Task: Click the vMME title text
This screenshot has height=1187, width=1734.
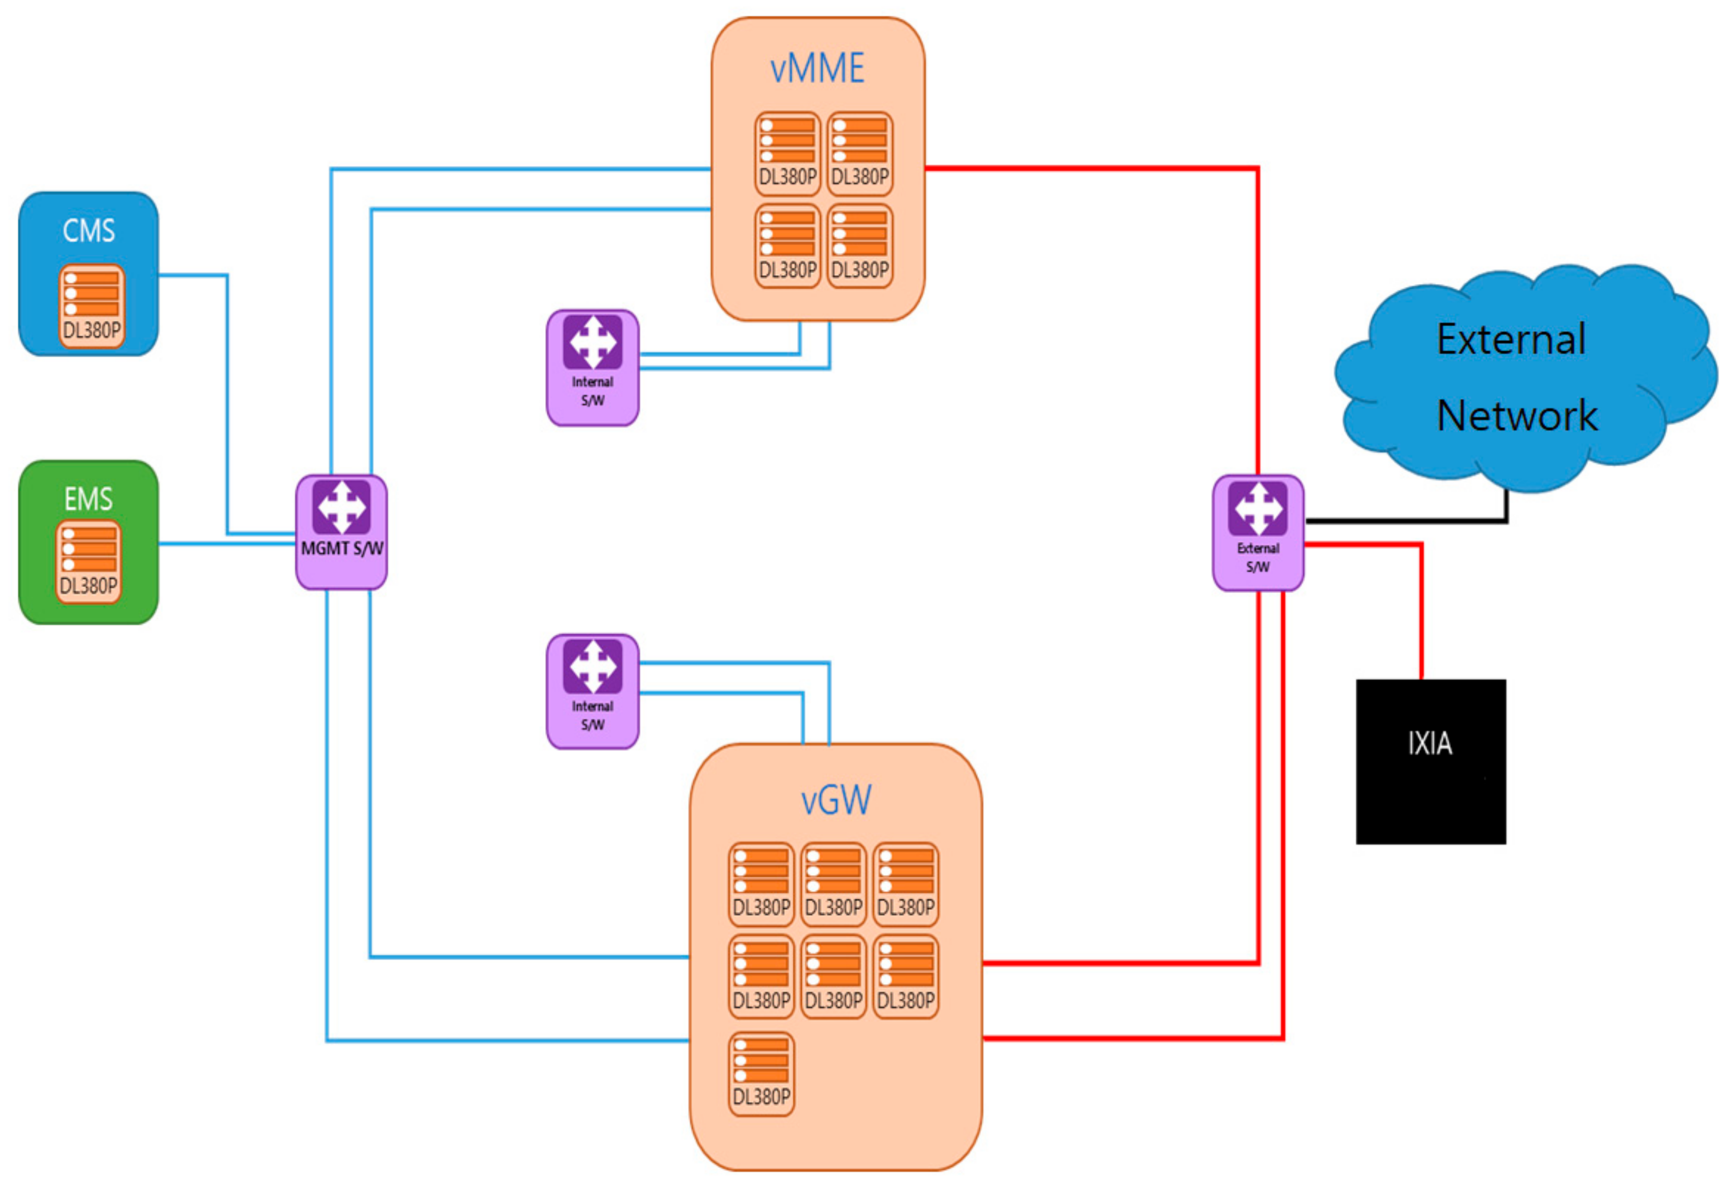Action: click(x=817, y=68)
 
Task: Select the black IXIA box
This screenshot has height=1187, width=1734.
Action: click(x=1430, y=761)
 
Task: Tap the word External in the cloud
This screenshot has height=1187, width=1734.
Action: click(x=1511, y=340)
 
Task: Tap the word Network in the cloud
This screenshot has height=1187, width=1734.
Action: click(x=1516, y=415)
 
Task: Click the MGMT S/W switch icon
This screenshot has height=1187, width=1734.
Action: click(x=341, y=508)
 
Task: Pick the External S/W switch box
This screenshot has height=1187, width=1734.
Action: click(x=1258, y=532)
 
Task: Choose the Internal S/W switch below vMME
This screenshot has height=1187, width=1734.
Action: click(x=592, y=368)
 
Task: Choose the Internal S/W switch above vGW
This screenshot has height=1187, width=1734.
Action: click(x=592, y=691)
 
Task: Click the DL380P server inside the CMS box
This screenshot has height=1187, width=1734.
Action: click(x=91, y=306)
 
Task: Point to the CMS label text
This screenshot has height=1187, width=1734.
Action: click(x=89, y=230)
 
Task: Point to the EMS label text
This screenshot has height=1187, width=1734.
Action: click(x=88, y=499)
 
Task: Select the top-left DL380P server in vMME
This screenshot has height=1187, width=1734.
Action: click(x=787, y=154)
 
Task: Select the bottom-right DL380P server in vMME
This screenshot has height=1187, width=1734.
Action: click(x=860, y=246)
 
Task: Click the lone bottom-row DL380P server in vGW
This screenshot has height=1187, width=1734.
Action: click(x=761, y=1074)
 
